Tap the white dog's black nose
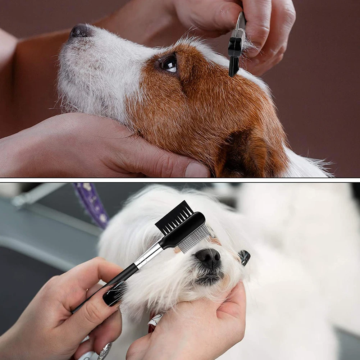(x=208, y=257)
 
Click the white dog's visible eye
(x=244, y=257)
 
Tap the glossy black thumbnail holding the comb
(x=114, y=293)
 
